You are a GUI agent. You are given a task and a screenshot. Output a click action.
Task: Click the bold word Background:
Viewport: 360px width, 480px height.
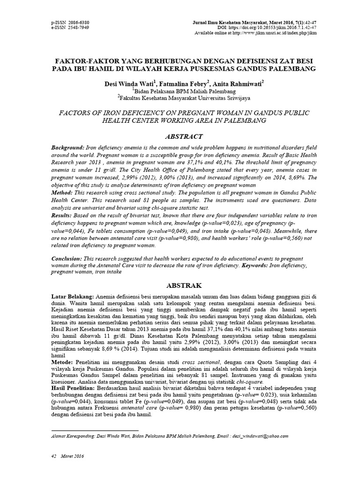pos(68,148)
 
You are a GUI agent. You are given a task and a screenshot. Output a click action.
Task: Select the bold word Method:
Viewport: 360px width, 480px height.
pos(62,193)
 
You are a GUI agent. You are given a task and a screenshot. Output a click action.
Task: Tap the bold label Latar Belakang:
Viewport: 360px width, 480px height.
pos(73,297)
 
